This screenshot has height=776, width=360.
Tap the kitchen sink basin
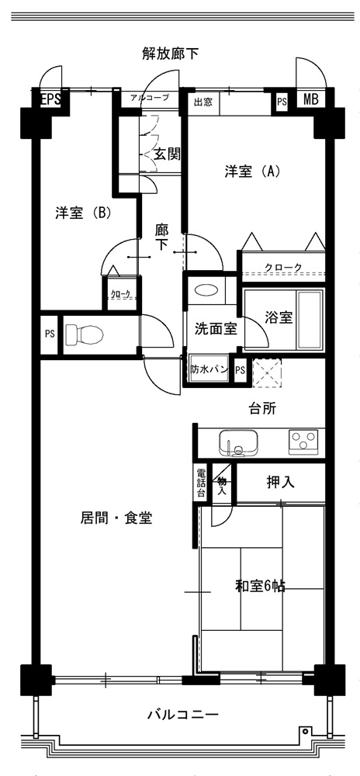point(238,442)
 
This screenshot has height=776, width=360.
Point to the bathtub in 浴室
point(309,319)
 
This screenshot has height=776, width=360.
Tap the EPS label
point(50,99)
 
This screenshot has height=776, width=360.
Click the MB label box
point(310,99)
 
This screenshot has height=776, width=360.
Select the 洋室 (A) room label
point(253,171)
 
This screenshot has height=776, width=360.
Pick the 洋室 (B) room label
point(82,213)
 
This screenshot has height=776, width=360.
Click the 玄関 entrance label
point(166,154)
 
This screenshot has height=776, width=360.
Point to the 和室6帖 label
point(260,587)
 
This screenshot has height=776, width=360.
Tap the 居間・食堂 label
point(116,518)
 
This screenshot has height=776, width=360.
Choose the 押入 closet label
point(280,482)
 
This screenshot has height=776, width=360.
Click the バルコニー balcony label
point(182,715)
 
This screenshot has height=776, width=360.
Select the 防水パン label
point(209,369)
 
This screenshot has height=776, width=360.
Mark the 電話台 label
point(201,482)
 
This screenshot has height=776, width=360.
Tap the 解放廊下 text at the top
point(171,53)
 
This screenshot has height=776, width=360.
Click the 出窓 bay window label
point(202,102)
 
